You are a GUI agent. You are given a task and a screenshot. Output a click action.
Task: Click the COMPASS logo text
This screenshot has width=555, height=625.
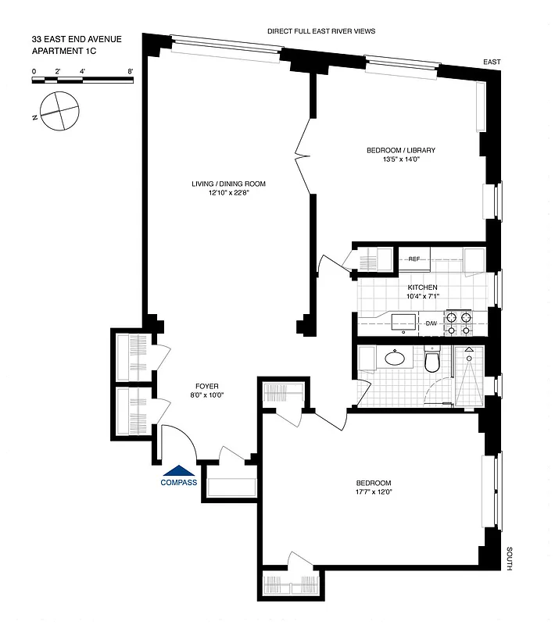pyautogui.click(x=179, y=482)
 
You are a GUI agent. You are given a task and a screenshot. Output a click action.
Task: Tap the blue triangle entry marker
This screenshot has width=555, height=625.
pyautogui.click(x=179, y=470)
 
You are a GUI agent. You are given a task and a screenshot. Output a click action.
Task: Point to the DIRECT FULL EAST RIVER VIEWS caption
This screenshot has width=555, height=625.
pyautogui.click(x=321, y=31)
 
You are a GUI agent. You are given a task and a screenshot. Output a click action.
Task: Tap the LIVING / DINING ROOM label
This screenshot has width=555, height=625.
pyautogui.click(x=229, y=184)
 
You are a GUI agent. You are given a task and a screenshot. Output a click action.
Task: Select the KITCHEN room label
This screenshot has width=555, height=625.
pyautogui.click(x=422, y=287)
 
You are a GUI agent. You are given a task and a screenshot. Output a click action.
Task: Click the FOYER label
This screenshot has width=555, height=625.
pyautogui.click(x=207, y=385)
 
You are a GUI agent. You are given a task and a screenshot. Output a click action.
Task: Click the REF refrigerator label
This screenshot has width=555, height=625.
pyautogui.click(x=414, y=258)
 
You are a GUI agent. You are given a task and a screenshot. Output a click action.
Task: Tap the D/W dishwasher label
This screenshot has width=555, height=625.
pyautogui.click(x=431, y=323)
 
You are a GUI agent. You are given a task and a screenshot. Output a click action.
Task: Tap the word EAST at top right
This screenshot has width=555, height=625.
pyautogui.click(x=492, y=61)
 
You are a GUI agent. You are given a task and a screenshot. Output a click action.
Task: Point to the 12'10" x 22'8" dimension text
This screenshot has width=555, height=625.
pyautogui.click(x=229, y=194)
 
